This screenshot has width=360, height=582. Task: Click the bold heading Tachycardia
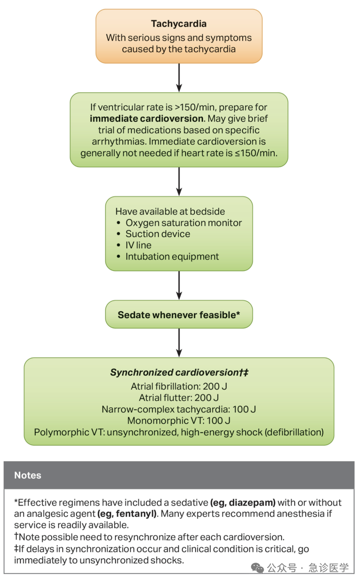click(179, 24)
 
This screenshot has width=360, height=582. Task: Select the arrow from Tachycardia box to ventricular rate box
click(179, 78)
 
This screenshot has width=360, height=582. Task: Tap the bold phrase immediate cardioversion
click(147, 118)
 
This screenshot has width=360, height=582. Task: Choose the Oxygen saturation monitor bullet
click(184, 223)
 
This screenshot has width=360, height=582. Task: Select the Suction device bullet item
click(158, 234)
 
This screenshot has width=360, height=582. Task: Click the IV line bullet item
click(138, 245)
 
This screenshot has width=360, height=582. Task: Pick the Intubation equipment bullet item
click(172, 257)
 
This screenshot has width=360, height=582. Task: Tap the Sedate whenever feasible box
click(179, 314)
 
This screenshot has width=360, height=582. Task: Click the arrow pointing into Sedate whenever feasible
click(179, 286)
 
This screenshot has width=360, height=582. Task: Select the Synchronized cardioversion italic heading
click(179, 372)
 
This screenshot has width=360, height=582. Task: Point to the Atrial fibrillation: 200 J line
click(179, 386)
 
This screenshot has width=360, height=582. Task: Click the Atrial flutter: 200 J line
click(179, 398)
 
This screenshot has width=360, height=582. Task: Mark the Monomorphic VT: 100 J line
click(179, 421)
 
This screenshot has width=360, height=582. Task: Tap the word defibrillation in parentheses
click(294, 432)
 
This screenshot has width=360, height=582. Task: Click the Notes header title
click(27, 475)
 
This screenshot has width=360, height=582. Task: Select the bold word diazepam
click(243, 502)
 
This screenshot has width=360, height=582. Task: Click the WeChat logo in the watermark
click(257, 568)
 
